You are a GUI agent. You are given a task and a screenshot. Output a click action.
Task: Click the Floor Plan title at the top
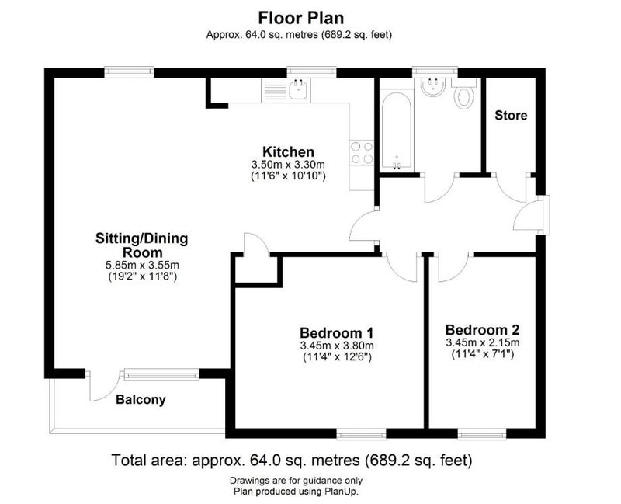tap(301, 18)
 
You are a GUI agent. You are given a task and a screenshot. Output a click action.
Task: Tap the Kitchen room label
tap(288, 151)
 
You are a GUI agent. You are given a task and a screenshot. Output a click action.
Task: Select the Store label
tap(511, 115)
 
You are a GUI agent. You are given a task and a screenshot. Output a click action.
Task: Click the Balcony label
tap(141, 400)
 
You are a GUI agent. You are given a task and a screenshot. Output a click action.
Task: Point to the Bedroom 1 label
tap(337, 332)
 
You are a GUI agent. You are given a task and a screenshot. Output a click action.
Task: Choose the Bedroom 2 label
tap(482, 330)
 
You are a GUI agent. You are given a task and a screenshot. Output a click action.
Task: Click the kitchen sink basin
tap(300, 90)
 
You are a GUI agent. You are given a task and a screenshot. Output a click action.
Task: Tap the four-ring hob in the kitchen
tap(362, 152)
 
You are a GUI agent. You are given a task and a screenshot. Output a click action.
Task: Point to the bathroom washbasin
tap(433, 87)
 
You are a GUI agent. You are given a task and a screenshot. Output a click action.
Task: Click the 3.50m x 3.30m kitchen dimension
tap(288, 164)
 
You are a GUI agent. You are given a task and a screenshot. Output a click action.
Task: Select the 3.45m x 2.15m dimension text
tap(483, 342)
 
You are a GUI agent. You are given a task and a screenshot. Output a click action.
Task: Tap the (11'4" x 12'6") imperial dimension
tap(337, 356)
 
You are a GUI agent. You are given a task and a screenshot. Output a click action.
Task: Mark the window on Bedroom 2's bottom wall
tap(482, 435)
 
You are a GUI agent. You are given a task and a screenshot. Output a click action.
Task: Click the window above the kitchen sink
tap(312, 71)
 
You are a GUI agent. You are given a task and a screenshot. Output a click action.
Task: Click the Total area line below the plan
tap(292, 461)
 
